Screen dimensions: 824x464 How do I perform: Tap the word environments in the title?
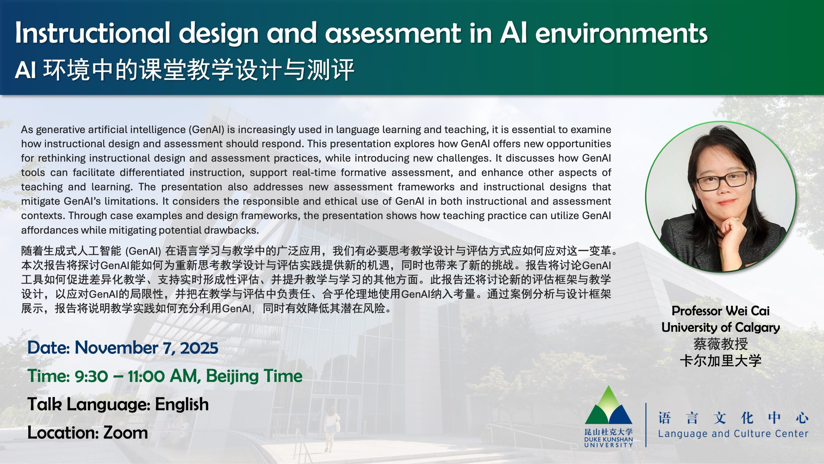[x=621, y=33]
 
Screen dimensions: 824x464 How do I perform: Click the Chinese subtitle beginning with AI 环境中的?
[x=184, y=70]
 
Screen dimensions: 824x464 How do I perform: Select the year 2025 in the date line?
[x=199, y=348]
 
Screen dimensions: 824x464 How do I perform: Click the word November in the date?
[x=116, y=348]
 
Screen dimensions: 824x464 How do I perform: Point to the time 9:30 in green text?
[x=91, y=376]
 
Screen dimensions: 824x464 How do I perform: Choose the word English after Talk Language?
[x=182, y=405]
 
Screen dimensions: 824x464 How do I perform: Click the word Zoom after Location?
[x=126, y=433]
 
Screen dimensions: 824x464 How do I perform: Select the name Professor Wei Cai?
[x=720, y=311]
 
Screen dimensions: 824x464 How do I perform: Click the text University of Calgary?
[x=720, y=328]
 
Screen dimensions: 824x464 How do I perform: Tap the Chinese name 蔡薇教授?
[x=720, y=344]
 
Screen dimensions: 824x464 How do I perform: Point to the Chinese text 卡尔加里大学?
[x=720, y=361]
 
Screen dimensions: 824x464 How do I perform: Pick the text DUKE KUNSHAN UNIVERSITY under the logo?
[x=608, y=442]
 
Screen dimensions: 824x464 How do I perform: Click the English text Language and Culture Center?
[x=733, y=434]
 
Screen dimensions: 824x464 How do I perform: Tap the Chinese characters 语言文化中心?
[x=733, y=418]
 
